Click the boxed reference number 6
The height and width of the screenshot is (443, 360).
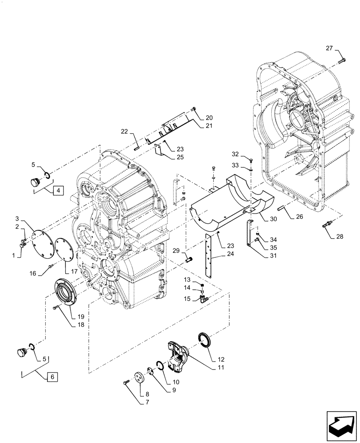[x=52, y=377]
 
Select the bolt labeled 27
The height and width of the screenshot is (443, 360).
[x=343, y=60]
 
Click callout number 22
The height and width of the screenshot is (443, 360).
[x=125, y=131]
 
